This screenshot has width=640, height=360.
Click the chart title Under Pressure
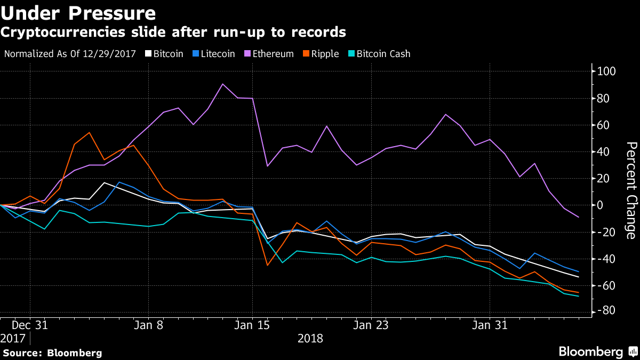(x=79, y=12)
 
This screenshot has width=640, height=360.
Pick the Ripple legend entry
(x=322, y=54)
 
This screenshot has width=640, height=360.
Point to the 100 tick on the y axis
(x=607, y=71)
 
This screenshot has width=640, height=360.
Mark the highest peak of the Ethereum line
(x=222, y=84)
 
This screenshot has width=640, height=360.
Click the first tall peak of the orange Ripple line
(x=89, y=132)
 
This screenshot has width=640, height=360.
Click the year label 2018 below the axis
(x=310, y=338)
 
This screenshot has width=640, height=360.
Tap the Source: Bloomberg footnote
(x=52, y=353)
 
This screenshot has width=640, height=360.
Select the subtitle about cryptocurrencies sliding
(x=173, y=32)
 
